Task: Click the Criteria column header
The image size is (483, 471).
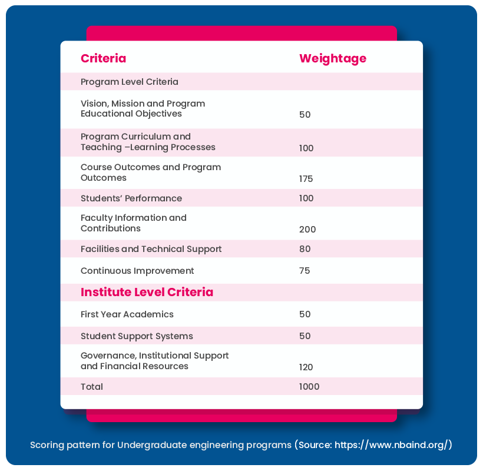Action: point(103,58)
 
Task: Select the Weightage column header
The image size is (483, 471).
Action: point(332,58)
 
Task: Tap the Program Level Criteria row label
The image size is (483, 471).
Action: point(129,82)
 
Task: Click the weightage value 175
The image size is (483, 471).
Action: point(306,179)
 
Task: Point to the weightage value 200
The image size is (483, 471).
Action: point(307,230)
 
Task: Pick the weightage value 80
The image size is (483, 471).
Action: point(305,249)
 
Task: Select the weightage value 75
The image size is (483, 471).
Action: point(305,271)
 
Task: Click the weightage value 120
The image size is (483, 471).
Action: point(306,367)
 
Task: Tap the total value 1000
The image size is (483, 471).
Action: point(309,387)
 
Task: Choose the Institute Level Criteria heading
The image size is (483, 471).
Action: point(147,292)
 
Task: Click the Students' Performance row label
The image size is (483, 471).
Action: point(131,198)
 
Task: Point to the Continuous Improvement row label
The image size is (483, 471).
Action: point(137,271)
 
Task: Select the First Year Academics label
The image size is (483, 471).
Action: point(127,314)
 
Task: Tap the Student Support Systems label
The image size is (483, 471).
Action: point(137,336)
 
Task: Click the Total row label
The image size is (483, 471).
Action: point(92,387)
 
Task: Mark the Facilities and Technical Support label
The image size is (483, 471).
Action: point(151,249)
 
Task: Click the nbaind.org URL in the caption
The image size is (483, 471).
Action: point(391,445)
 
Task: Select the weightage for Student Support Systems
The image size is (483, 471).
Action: point(305,336)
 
